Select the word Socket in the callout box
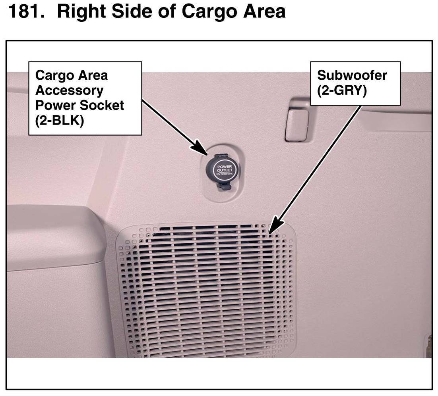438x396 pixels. (104, 106)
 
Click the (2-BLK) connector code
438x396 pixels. (60, 121)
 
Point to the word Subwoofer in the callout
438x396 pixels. (352, 75)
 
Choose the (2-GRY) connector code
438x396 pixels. (342, 90)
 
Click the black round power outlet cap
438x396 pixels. (223, 169)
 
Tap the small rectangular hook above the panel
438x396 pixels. (297, 125)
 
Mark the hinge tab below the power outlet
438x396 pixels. (223, 185)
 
